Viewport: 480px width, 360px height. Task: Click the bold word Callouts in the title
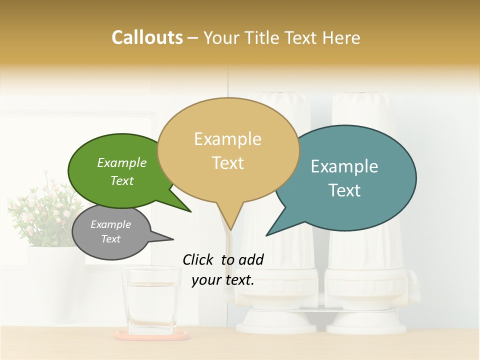[147, 37]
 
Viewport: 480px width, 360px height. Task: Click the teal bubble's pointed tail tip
[267, 235]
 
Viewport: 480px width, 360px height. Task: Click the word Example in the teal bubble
[344, 166]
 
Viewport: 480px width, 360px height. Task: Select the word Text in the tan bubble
[228, 163]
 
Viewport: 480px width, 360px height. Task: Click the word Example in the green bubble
[121, 163]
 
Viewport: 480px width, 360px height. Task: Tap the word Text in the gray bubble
[110, 239]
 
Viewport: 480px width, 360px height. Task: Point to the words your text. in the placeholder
[223, 280]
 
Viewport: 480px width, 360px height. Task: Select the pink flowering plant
[45, 210]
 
